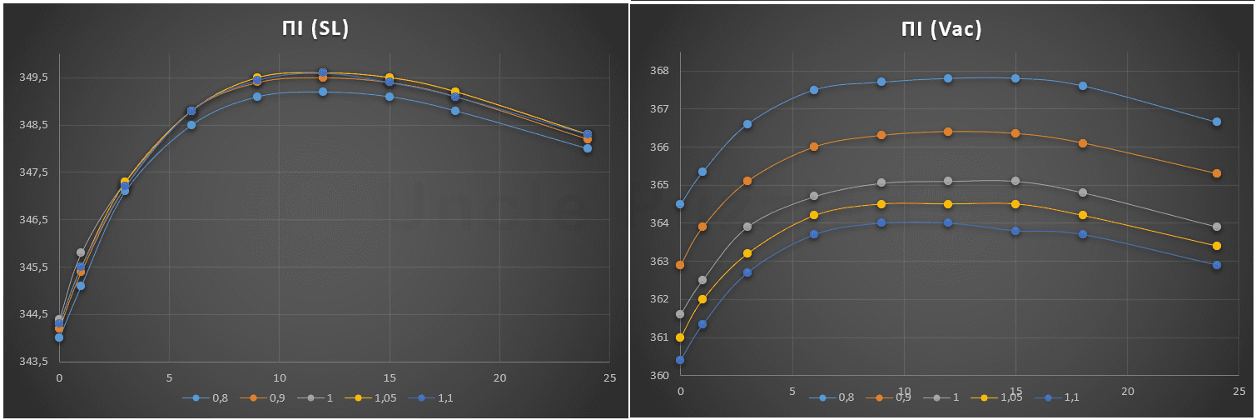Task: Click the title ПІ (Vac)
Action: (x=941, y=29)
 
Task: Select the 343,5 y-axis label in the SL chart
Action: (x=35, y=362)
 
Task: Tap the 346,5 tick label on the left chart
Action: (x=35, y=220)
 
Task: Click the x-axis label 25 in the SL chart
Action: (x=609, y=378)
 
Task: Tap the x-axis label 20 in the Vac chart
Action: (x=1128, y=391)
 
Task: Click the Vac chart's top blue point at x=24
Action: (x=1217, y=122)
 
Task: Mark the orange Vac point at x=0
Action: (x=680, y=265)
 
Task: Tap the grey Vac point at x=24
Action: (x=1217, y=227)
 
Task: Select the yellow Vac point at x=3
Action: (x=747, y=253)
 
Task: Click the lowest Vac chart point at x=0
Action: (x=680, y=360)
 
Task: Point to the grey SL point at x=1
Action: (x=81, y=252)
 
